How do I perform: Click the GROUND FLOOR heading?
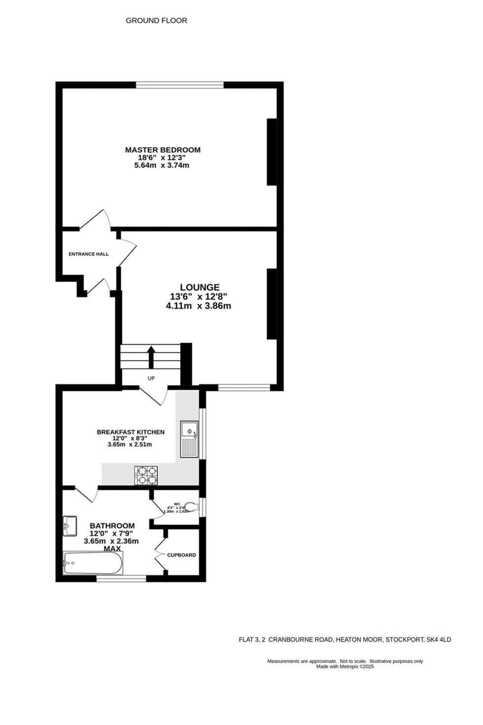(156, 21)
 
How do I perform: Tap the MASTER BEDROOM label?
(163, 150)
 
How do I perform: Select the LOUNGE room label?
(200, 287)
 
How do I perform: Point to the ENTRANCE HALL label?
(89, 254)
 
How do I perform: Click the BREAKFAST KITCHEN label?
(131, 432)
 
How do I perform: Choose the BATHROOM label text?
(112, 526)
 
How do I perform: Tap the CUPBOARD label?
(181, 555)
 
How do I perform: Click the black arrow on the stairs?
(151, 356)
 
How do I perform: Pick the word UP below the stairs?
(151, 379)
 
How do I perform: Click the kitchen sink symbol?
(189, 439)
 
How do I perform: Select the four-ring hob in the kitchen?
(147, 475)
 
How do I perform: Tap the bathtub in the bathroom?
(93, 563)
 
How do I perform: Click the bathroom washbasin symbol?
(69, 525)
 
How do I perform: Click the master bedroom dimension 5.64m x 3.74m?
(162, 166)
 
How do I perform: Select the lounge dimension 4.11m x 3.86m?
(199, 306)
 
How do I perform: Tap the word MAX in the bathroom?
(112, 548)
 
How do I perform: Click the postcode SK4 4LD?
(439, 640)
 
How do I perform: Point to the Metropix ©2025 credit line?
(345, 666)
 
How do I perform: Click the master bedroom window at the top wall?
(180, 85)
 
